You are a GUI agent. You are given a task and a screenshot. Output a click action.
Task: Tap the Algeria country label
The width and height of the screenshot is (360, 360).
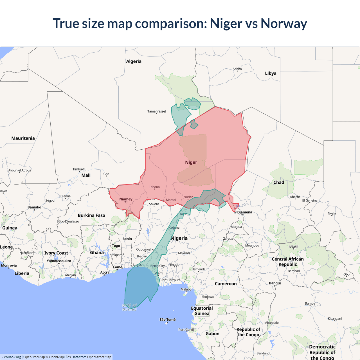pos(134,61)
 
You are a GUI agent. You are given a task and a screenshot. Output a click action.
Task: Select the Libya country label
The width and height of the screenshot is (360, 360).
pos(271,73)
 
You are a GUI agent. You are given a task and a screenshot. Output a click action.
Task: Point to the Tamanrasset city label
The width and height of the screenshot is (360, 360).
pos(157,111)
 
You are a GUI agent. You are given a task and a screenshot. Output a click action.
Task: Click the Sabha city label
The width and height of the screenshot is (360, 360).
pos(237,69)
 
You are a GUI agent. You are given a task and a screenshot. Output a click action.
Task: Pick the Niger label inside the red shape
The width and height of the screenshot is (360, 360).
pos(191,162)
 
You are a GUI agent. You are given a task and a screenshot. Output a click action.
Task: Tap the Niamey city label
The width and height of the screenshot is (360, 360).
pos(126,199)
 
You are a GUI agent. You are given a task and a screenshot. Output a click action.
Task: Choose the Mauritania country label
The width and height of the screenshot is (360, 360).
pos(23,138)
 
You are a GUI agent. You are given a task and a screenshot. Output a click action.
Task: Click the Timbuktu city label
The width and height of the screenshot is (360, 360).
pos(79,169)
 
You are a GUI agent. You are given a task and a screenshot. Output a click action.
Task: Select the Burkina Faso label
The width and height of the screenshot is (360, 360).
pos(91,215)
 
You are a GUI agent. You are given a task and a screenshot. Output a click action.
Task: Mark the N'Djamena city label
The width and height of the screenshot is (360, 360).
pos(243,212)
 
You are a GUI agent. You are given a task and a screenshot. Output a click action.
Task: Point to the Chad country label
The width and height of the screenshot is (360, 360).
pos(279,182)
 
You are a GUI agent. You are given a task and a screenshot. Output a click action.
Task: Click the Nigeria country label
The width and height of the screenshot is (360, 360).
pos(179,238)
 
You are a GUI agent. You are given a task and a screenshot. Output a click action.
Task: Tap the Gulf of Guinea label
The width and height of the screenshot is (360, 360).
pos(129,307)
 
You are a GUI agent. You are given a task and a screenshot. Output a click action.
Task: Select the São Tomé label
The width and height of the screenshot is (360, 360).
pos(167,319)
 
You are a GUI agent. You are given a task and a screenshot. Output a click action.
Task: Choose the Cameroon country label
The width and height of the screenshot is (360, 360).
pos(226,283)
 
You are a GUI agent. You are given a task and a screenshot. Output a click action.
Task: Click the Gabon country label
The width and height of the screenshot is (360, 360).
pos(212,334)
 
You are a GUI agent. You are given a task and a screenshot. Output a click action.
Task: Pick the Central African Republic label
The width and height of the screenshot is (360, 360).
pos(288,262)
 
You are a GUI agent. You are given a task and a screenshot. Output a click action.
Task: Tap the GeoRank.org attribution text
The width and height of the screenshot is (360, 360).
pos(11,357)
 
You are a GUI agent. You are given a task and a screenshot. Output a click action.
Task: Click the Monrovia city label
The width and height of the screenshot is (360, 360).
pos(9,265)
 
